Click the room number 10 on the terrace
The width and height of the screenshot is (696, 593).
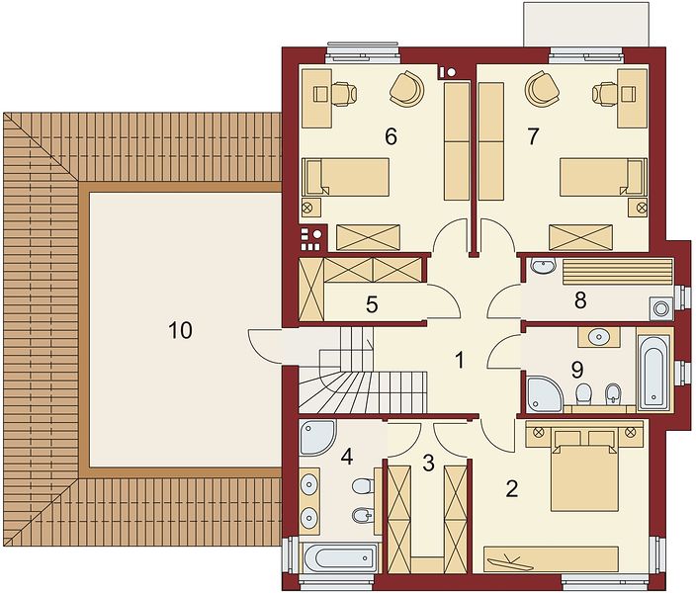180,331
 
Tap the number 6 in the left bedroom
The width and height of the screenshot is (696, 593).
391,136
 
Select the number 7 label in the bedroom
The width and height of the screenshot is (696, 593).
533,136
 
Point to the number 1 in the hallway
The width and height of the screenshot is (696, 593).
460,360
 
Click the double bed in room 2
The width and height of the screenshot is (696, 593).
584,470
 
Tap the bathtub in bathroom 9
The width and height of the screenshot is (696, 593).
653,371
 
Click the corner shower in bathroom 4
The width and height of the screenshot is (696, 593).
317,437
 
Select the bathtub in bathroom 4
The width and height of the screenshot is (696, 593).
340,557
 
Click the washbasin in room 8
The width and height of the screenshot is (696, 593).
543,266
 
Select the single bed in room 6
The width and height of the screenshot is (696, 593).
346,177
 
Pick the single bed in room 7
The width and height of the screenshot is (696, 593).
603,177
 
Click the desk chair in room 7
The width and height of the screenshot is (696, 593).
605,94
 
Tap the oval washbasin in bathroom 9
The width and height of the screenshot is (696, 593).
599,337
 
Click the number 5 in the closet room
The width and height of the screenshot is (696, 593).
372,305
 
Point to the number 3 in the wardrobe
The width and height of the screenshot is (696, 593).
428,463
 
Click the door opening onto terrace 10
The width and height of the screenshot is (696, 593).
265,346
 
